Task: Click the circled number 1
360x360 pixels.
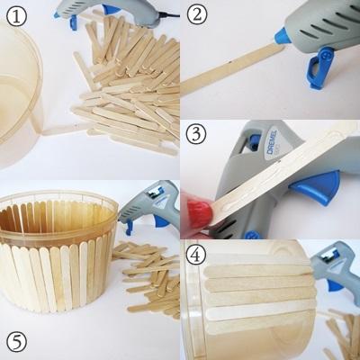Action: point(16,16)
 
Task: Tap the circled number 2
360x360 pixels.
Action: point(197,15)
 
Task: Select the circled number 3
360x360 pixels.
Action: point(196,134)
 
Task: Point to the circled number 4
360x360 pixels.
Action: point(196,255)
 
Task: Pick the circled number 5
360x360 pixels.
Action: point(16,342)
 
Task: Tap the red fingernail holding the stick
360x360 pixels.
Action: point(198,211)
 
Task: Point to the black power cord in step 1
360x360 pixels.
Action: point(168,14)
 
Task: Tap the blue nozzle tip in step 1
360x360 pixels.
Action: point(57,14)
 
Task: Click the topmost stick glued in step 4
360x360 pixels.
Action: point(258,272)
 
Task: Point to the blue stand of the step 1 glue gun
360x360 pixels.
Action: point(74,22)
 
